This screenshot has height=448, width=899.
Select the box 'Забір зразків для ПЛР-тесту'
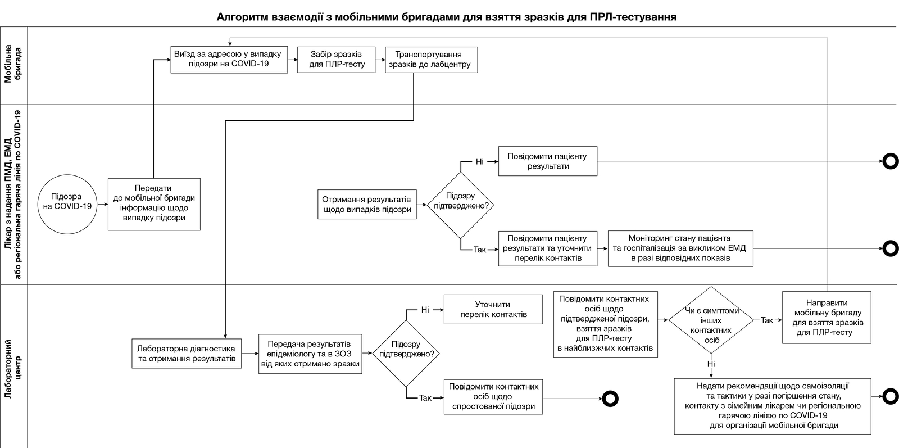(337, 60)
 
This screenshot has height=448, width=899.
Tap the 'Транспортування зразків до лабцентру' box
(432, 60)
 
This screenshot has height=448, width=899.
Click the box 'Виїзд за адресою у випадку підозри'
(229, 60)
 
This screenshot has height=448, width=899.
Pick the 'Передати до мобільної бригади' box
(154, 205)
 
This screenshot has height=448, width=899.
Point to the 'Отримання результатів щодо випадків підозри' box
(367, 205)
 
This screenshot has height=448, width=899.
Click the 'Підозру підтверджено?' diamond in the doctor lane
(461, 205)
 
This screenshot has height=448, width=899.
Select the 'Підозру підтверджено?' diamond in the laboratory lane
(406, 354)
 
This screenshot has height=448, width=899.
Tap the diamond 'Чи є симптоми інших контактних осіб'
(711, 320)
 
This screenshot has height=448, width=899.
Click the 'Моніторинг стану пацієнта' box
(680, 248)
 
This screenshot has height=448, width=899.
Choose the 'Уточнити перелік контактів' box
(493, 310)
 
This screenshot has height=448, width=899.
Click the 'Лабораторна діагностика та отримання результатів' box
(187, 354)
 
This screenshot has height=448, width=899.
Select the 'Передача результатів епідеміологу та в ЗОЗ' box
(310, 354)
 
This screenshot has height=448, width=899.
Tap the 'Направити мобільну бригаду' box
(827, 318)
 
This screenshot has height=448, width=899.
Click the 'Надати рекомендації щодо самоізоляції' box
(773, 406)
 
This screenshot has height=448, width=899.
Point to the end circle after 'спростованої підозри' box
(610, 399)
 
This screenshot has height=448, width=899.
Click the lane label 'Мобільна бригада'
(13, 64)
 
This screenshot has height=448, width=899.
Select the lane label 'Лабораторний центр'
(13, 369)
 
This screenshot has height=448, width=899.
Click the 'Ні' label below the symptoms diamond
(711, 364)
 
